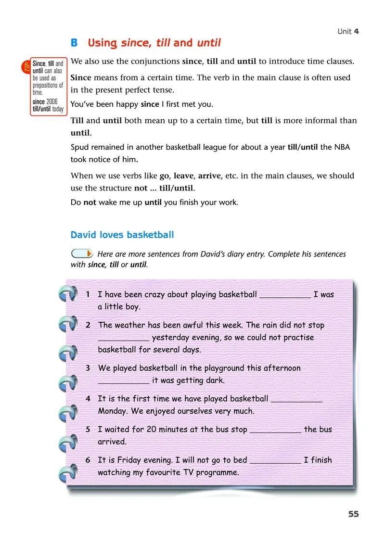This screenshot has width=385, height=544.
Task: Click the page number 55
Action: tap(353, 514)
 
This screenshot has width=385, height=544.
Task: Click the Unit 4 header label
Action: tap(348, 31)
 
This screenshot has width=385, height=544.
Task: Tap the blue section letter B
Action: tap(74, 43)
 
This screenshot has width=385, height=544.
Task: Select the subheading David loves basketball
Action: tap(122, 235)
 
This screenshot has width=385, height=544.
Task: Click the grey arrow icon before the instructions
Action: tap(82, 253)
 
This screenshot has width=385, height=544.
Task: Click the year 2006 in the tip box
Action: tap(51, 102)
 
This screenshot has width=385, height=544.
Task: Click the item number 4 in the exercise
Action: tap(88, 399)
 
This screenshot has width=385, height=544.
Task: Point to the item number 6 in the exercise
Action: tap(88, 460)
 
